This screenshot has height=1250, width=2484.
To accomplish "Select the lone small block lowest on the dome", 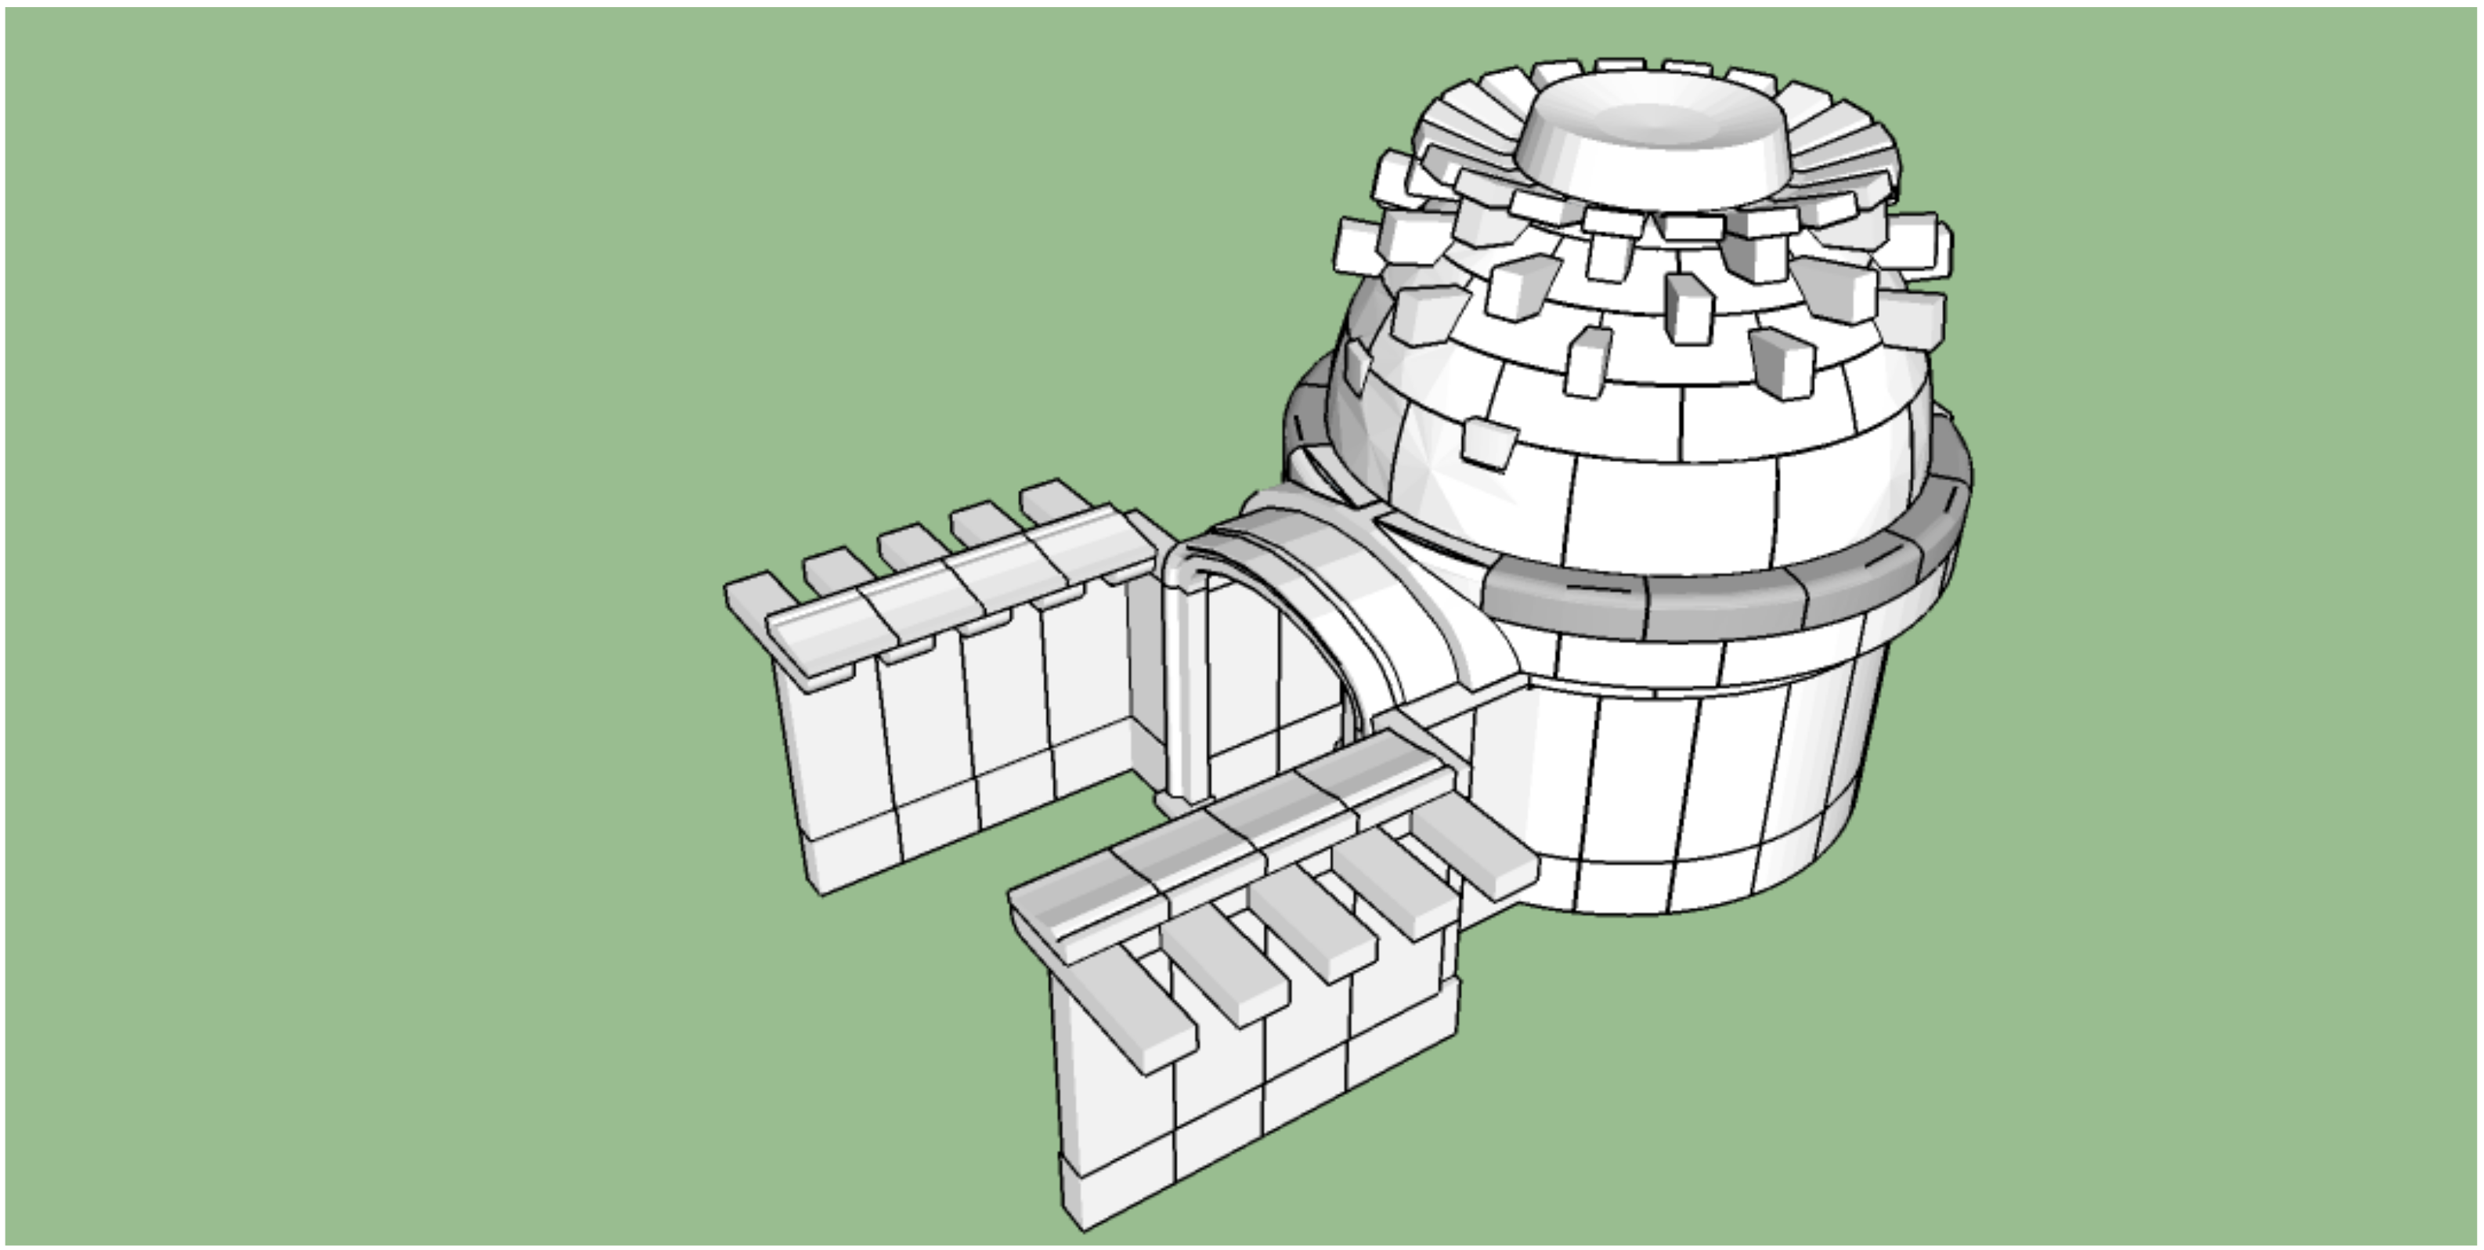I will tap(1489, 442).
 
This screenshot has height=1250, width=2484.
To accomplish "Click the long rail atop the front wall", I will tap(1234, 839).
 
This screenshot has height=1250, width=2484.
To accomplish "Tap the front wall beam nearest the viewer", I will tap(1138, 1013).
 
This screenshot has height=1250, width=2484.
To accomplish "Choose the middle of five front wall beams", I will tap(1312, 926).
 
